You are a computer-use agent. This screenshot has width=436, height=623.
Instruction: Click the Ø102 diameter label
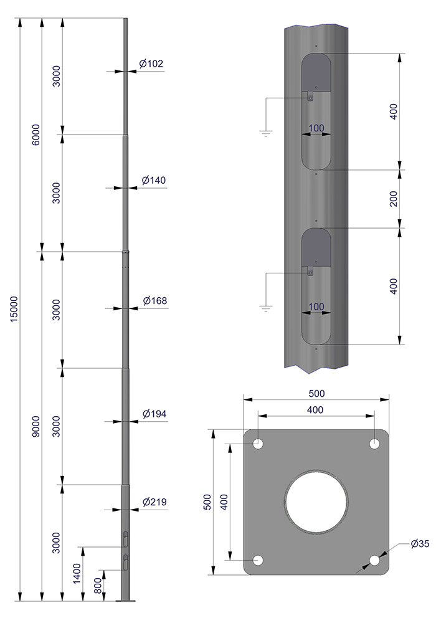click(151, 64)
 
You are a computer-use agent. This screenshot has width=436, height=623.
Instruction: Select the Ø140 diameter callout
click(153, 181)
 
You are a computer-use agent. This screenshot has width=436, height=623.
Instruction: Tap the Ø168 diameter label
click(154, 301)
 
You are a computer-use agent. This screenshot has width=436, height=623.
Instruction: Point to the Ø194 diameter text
click(154, 414)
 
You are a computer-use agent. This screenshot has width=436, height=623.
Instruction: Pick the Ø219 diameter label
click(154, 502)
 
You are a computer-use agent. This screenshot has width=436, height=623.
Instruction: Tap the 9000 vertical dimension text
click(36, 427)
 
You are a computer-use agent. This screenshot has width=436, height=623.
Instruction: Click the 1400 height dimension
click(77, 574)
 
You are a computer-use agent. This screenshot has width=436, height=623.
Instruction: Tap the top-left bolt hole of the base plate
click(257, 444)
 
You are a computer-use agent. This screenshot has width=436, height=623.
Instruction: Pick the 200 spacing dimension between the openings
click(393, 199)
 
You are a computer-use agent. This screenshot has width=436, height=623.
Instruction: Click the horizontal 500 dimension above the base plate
click(316, 394)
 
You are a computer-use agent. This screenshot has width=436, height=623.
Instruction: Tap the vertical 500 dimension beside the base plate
click(208, 502)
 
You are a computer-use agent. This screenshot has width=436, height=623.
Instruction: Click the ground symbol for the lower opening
click(266, 307)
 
